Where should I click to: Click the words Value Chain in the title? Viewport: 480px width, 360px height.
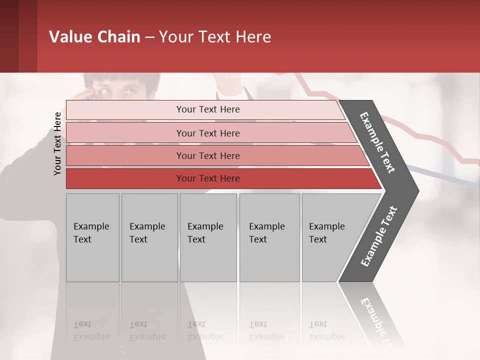94,37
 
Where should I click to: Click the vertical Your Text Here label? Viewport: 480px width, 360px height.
57,143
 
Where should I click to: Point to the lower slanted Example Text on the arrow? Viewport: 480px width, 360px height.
379,236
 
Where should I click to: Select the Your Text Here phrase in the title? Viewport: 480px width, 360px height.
215,37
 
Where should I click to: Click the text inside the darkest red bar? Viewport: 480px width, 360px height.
208,178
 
